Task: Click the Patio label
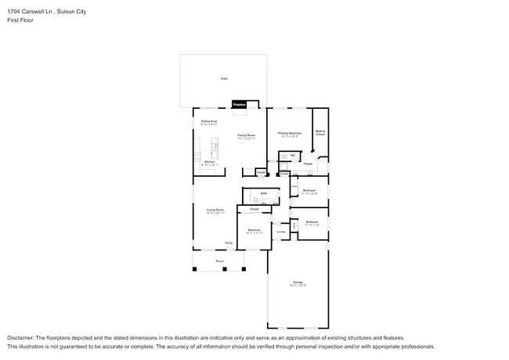[x=223, y=79]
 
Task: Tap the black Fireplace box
[x=240, y=105]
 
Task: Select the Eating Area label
[x=209, y=121]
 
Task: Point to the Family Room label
[x=247, y=135]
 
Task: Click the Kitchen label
[x=209, y=162]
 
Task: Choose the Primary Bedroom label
[x=290, y=133]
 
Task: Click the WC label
[x=293, y=155]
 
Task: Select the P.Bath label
[x=309, y=164]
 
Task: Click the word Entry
[x=229, y=243]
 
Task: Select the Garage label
[x=298, y=282]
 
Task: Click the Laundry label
[x=280, y=232]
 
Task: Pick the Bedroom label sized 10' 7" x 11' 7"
[x=254, y=230]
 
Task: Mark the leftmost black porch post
[x=194, y=270]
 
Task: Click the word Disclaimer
[x=21, y=337]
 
